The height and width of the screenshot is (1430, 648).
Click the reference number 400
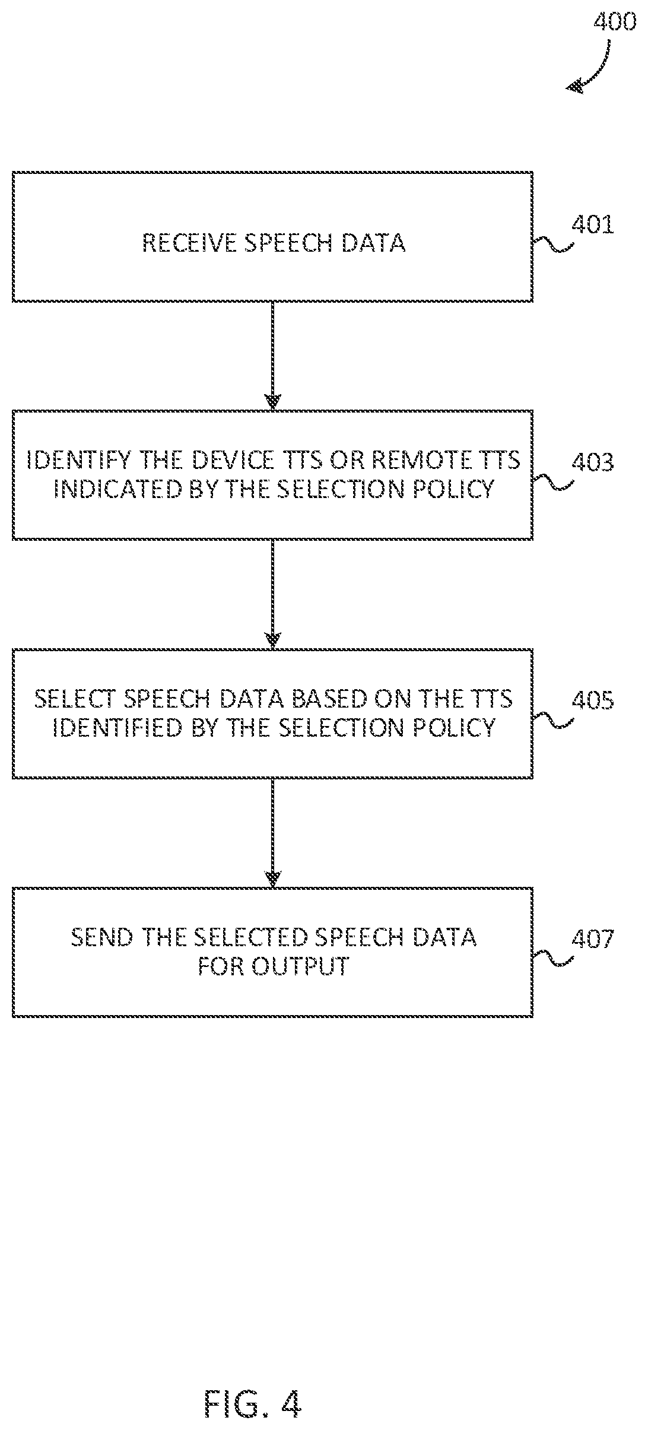click(x=615, y=23)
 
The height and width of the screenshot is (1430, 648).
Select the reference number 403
click(x=592, y=462)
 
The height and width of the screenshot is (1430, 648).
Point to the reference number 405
click(x=592, y=701)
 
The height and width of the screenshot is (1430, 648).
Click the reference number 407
click(x=592, y=939)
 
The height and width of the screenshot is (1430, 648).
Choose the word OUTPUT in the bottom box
click(x=299, y=966)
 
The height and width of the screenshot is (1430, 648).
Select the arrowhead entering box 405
click(x=272, y=639)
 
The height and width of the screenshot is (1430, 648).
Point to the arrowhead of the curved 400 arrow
click(x=573, y=87)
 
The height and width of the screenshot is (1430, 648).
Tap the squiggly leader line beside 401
click(x=552, y=245)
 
